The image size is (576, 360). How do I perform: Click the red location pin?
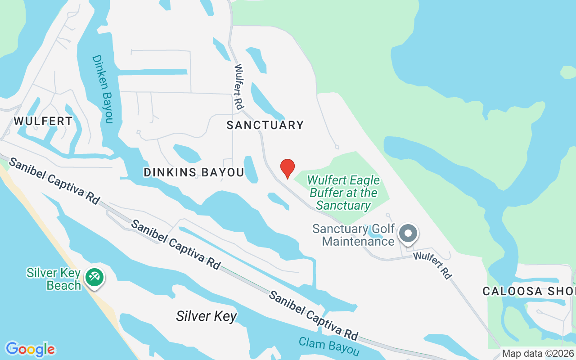288,168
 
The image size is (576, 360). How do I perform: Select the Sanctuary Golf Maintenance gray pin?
409,234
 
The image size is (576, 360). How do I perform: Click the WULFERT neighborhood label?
43,121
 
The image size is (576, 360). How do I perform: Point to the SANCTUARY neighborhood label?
265,125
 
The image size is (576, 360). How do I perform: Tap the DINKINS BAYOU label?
193,172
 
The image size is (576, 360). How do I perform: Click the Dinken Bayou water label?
103,89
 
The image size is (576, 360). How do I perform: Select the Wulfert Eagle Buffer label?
343,193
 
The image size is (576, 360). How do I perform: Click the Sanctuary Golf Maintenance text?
353,235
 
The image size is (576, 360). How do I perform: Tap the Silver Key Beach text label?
54,279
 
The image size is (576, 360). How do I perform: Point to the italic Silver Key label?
206,316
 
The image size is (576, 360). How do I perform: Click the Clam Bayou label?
329,346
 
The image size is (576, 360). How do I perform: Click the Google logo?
30,349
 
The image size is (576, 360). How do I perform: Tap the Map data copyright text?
538,354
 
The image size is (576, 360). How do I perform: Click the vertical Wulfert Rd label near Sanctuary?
238,87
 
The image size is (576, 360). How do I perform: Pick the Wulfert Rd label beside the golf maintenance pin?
432,265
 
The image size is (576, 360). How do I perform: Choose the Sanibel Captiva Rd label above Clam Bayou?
313,315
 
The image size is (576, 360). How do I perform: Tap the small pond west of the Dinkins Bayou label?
187,153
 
